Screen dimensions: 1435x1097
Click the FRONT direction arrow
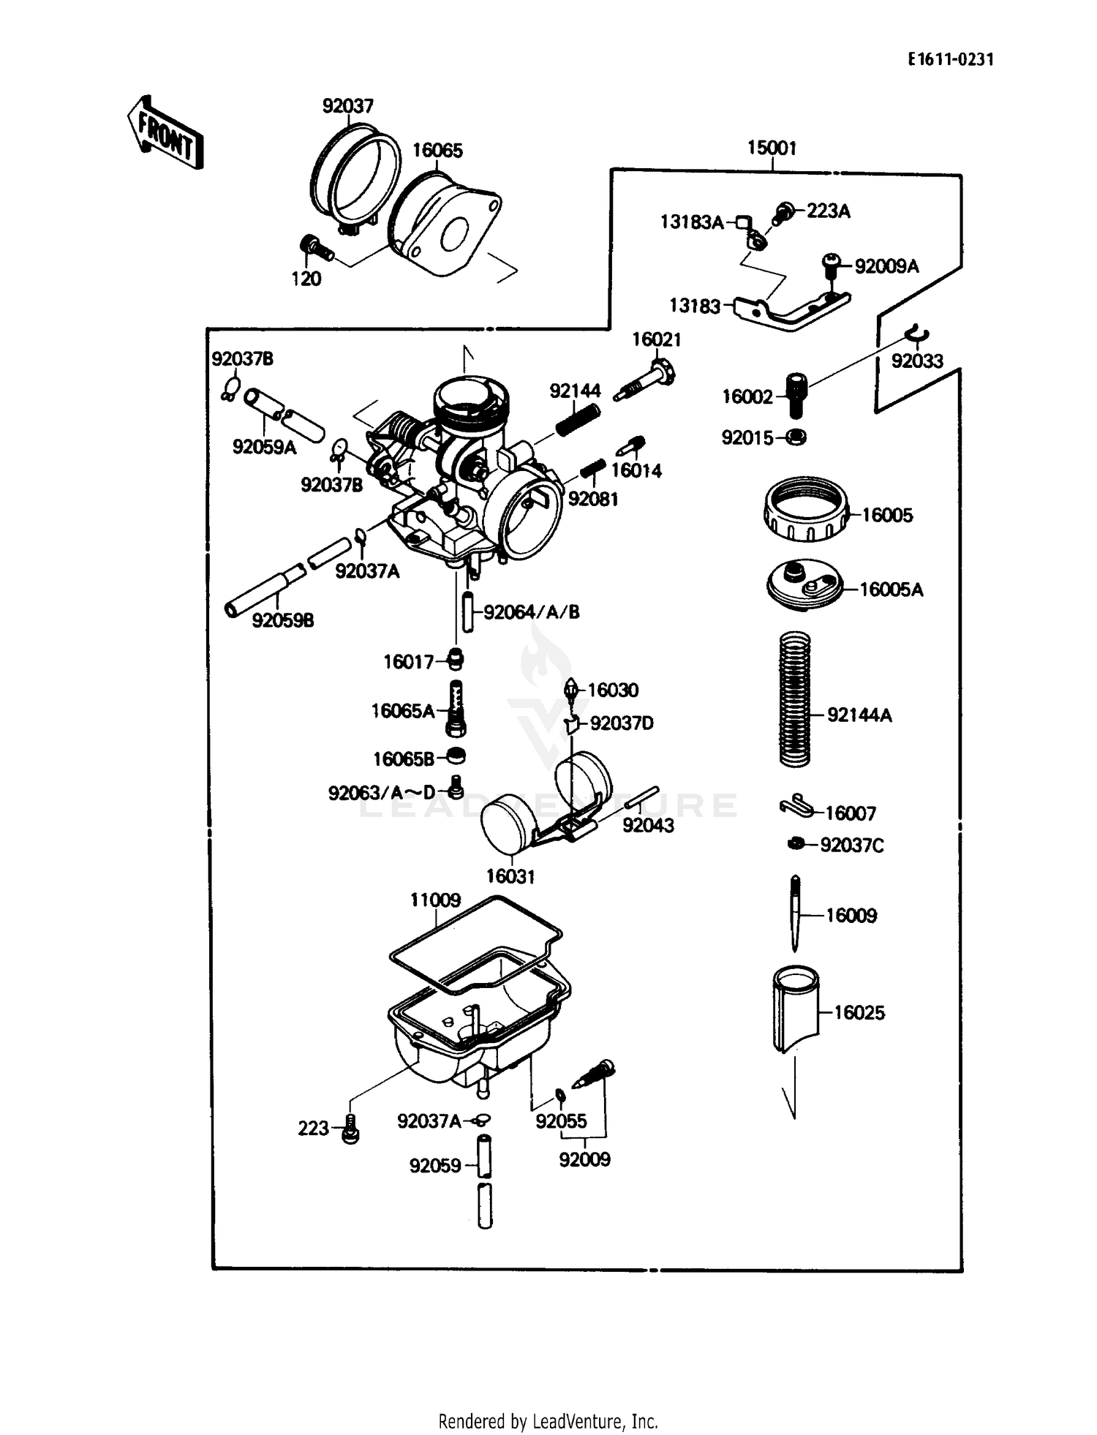tap(165, 134)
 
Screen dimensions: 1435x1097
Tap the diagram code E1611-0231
tap(951, 60)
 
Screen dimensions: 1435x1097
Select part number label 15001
tap(772, 148)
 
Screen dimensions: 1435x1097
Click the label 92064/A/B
tap(532, 612)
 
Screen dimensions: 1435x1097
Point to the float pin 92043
tap(643, 797)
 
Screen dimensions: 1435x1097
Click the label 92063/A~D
tap(381, 792)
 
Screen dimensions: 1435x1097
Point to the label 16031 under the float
tap(510, 876)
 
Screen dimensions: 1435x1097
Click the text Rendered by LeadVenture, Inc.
tap(548, 1420)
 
